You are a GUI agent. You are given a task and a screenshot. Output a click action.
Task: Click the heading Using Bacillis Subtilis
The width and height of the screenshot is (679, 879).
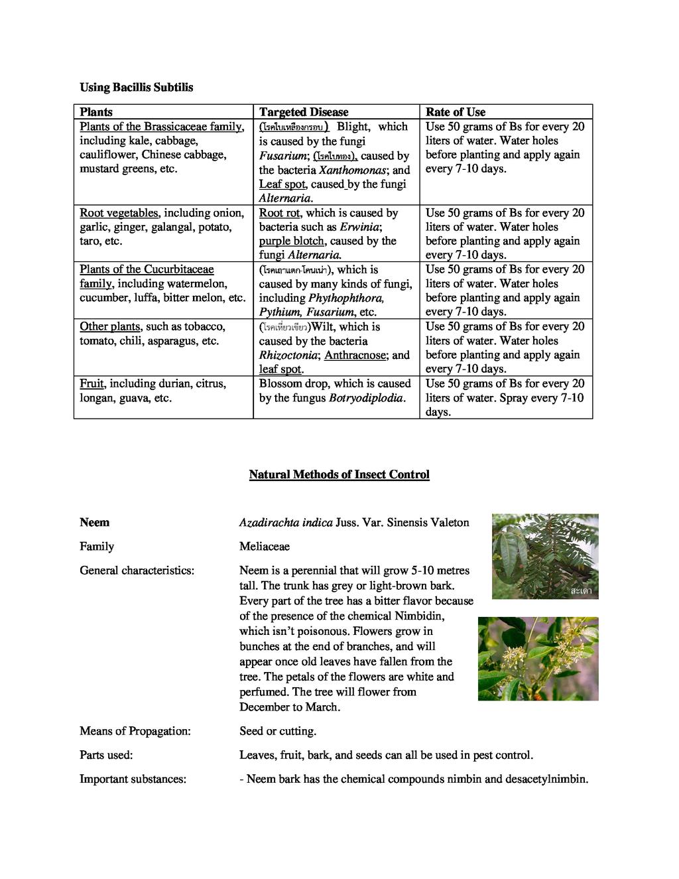tap(137, 87)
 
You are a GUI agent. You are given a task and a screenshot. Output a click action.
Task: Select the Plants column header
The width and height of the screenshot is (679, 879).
tap(96, 112)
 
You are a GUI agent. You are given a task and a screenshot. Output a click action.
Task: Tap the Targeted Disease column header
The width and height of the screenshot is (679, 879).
tap(303, 112)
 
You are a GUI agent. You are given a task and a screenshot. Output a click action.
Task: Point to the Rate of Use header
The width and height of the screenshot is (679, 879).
tap(456, 112)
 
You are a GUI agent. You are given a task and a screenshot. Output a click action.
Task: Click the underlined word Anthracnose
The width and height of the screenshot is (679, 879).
tap(355, 355)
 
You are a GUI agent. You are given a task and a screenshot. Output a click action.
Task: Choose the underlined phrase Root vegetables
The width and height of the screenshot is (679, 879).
tap(119, 213)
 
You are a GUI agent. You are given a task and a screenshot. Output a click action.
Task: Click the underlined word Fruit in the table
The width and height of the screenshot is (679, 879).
tap(92, 383)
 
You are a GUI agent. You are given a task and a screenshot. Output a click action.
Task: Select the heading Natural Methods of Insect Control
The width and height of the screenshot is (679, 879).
tap(339, 474)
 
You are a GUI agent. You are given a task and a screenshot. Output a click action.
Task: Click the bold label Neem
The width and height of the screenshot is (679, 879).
tap(94, 522)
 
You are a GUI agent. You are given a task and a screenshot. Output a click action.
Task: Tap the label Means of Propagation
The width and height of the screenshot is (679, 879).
tap(135, 730)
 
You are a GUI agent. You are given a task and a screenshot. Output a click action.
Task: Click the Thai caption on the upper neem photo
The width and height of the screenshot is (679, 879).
tap(581, 590)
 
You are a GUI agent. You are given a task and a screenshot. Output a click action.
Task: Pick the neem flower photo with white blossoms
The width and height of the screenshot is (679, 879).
tap(538, 658)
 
